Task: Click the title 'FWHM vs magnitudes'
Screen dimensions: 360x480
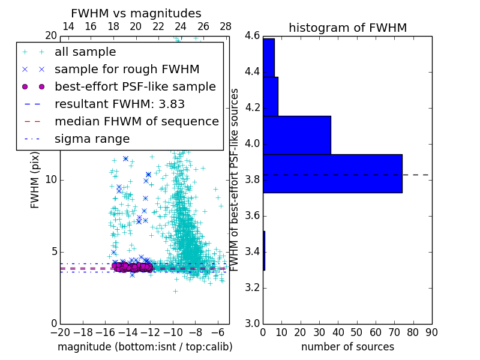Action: point(136,13)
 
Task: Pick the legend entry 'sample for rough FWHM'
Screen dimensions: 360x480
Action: point(127,70)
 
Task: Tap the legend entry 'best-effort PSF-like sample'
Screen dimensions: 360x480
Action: point(135,87)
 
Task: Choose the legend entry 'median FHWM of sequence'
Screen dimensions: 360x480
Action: point(136,121)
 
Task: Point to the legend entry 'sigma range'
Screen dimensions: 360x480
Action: point(92,139)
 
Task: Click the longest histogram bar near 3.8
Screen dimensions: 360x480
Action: point(332,173)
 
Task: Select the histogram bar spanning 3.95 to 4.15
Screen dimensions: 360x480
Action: point(297,135)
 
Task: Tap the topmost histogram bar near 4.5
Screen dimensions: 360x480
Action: point(268,58)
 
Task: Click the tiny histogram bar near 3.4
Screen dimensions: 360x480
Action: point(264,250)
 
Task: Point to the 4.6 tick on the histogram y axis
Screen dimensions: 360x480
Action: point(252,36)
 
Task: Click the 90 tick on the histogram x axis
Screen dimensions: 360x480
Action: point(431,332)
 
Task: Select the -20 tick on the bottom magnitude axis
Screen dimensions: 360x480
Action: point(60,332)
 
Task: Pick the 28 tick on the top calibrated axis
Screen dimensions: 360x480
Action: point(226,26)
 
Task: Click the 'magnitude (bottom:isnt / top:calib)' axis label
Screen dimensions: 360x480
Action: point(145,347)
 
